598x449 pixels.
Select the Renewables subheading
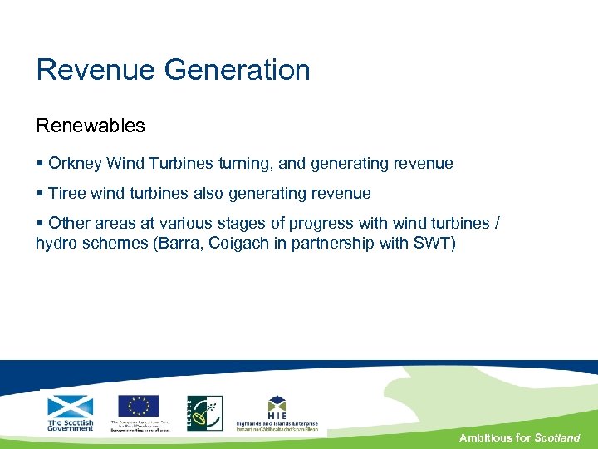pyautogui.click(x=91, y=126)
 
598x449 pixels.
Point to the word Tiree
pyautogui.click(x=66, y=194)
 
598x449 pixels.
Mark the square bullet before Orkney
pyautogui.click(x=39, y=164)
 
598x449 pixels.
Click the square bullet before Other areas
pyautogui.click(x=39, y=224)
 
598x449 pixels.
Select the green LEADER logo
pyautogui.click(x=203, y=412)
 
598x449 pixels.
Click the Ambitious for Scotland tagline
pyautogui.click(x=519, y=437)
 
